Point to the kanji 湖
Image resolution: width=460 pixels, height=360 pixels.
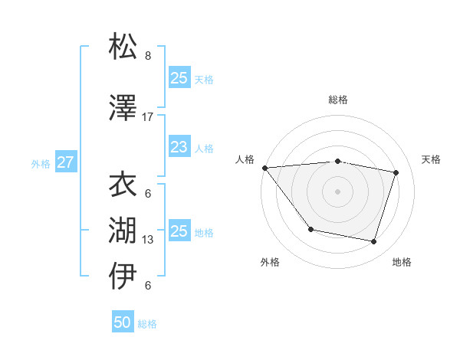pyautogui.click(x=123, y=230)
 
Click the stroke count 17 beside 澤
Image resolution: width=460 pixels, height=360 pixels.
pyautogui.click(x=148, y=117)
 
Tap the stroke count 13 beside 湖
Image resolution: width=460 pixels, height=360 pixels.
pyautogui.click(x=148, y=240)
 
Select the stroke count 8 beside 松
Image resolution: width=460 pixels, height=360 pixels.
pyautogui.click(x=148, y=56)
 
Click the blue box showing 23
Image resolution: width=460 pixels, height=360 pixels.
pyautogui.click(x=179, y=147)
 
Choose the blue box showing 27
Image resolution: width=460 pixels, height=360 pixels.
pyautogui.click(x=65, y=162)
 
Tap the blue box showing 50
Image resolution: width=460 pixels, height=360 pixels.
pyautogui.click(x=123, y=322)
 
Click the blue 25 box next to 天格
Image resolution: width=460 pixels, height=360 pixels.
pyautogui.click(x=179, y=77)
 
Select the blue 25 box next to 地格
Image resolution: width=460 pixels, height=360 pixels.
pyautogui.click(x=179, y=231)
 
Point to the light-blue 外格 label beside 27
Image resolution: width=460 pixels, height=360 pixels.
pyautogui.click(x=41, y=163)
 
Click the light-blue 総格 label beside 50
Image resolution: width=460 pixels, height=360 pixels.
pyautogui.click(x=147, y=324)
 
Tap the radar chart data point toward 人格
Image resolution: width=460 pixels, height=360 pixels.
pyautogui.click(x=264, y=168)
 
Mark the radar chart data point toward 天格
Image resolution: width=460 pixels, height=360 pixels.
pyautogui.click(x=396, y=172)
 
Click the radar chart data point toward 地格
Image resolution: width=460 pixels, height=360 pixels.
pyautogui.click(x=373, y=242)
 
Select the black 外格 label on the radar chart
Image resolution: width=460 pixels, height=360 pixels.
pyautogui.click(x=270, y=262)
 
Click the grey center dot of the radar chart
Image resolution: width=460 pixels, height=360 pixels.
pyautogui.click(x=337, y=191)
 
